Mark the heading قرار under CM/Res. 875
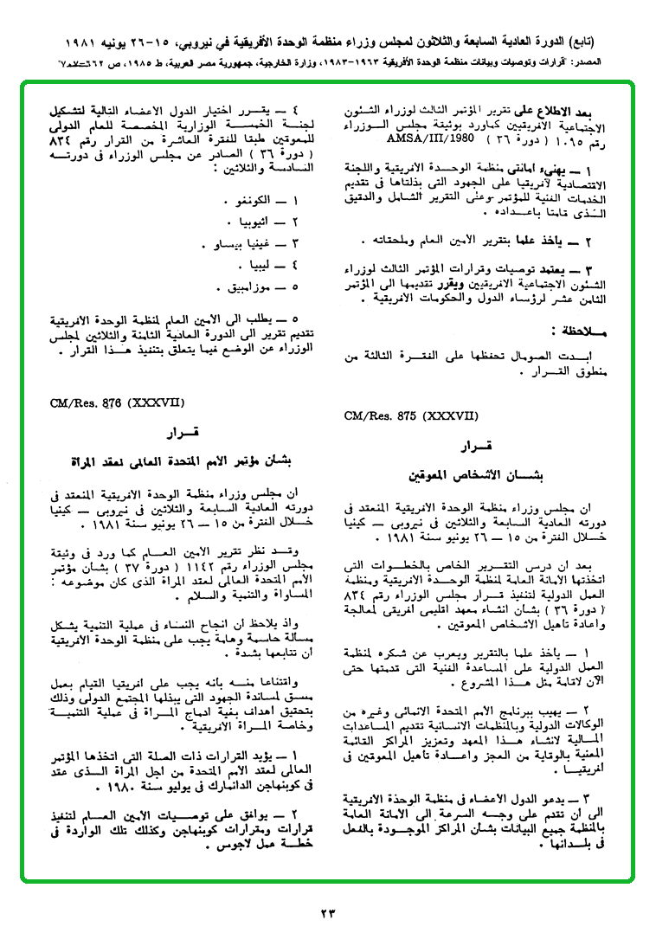(475, 447)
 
